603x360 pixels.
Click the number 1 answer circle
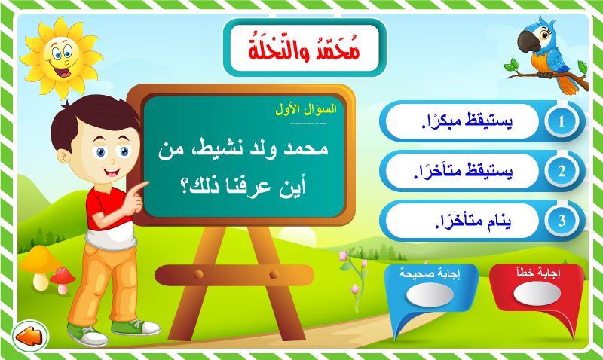tap(562, 121)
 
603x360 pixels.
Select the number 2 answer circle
tap(562, 171)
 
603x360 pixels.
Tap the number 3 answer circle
tap(562, 221)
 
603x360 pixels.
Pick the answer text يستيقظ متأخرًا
tap(463, 171)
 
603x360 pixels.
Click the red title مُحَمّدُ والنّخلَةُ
tap(305, 49)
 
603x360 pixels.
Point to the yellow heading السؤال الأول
tap(306, 109)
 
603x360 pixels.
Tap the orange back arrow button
tap(30, 336)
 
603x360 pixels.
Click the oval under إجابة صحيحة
tap(430, 294)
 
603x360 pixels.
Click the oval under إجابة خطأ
tap(537, 293)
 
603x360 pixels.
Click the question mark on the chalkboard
tap(185, 187)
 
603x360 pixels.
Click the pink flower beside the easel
tap(343, 256)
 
